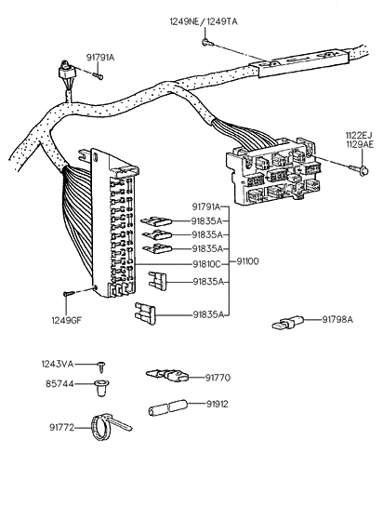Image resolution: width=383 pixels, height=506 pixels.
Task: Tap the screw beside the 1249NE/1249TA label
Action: pyautogui.click(x=212, y=43)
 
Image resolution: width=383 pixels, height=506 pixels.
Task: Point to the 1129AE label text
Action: pyautogui.click(x=359, y=145)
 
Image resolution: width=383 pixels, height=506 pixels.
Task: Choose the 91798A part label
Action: pyautogui.click(x=339, y=320)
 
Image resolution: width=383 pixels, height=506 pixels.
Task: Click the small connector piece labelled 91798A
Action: pyautogui.click(x=285, y=326)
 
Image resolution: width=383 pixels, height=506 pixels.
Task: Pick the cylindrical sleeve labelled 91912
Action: pyautogui.click(x=167, y=407)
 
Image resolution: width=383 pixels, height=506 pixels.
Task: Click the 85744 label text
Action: pyautogui.click(x=61, y=383)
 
